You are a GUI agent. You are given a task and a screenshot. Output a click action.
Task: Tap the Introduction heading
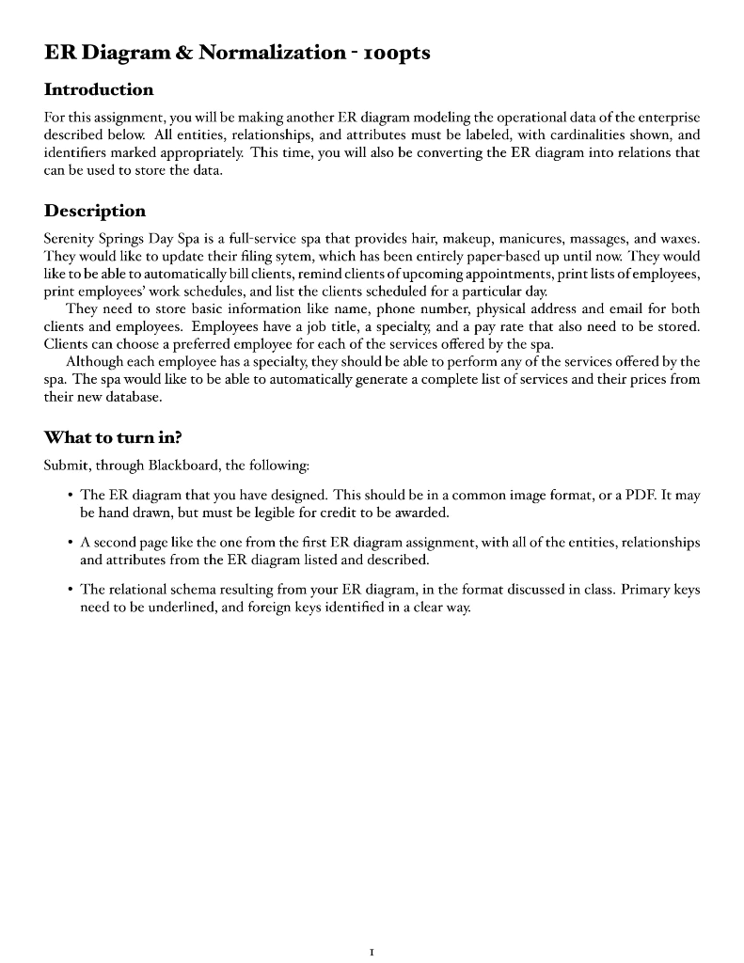[x=99, y=90]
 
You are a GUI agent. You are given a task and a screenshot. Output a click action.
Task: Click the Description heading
[x=95, y=210]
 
